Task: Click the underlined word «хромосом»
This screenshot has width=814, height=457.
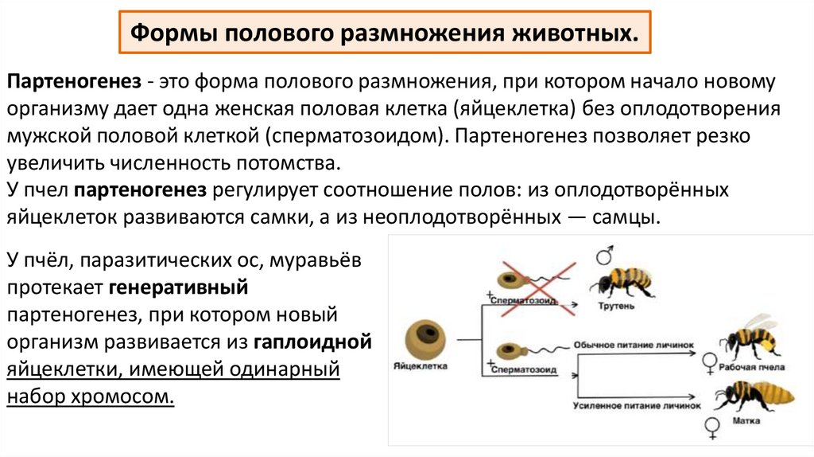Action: pyautogui.click(x=129, y=396)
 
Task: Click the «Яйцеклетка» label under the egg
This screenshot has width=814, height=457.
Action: pyautogui.click(x=421, y=367)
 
